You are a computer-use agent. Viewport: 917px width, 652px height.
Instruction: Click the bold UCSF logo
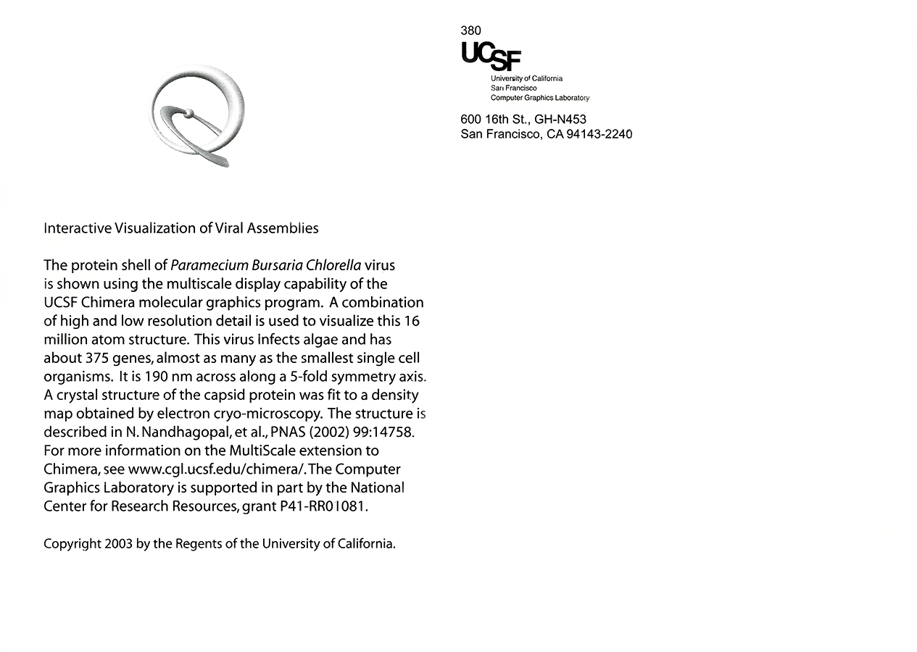point(490,56)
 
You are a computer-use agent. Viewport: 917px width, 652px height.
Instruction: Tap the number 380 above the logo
point(470,30)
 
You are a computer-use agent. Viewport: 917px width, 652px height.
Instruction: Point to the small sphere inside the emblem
point(189,113)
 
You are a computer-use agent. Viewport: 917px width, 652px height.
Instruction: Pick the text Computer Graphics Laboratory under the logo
point(539,98)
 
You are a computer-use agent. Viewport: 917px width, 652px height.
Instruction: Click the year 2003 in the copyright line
point(118,544)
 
